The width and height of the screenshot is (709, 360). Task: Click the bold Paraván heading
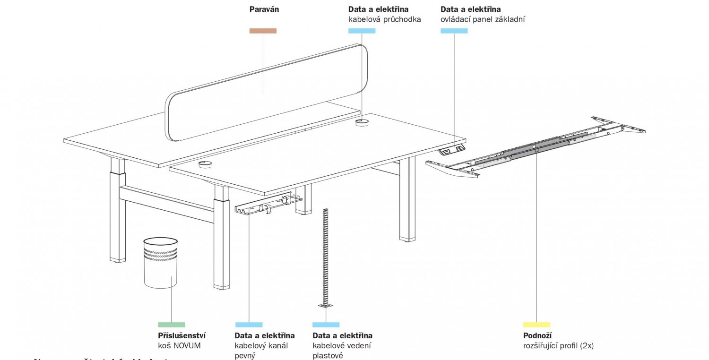[264, 9]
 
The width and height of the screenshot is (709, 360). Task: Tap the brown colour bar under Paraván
[263, 31]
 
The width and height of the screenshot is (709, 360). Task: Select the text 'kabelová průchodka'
[384, 19]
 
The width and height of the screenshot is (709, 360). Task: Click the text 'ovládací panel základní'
[483, 19]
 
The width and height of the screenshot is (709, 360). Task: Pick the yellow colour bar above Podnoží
[536, 325]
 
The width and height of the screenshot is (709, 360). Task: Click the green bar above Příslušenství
[171, 325]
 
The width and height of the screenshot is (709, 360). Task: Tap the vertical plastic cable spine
[325, 255]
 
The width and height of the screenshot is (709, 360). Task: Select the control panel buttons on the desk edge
[453, 150]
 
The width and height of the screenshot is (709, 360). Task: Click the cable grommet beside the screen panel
[362, 122]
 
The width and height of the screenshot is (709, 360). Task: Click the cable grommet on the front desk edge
[205, 164]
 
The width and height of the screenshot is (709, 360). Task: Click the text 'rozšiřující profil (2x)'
[558, 346]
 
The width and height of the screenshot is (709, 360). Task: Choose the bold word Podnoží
[537, 336]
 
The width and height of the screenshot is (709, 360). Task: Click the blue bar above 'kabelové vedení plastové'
[326, 325]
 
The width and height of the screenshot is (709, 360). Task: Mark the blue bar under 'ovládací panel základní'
[454, 31]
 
